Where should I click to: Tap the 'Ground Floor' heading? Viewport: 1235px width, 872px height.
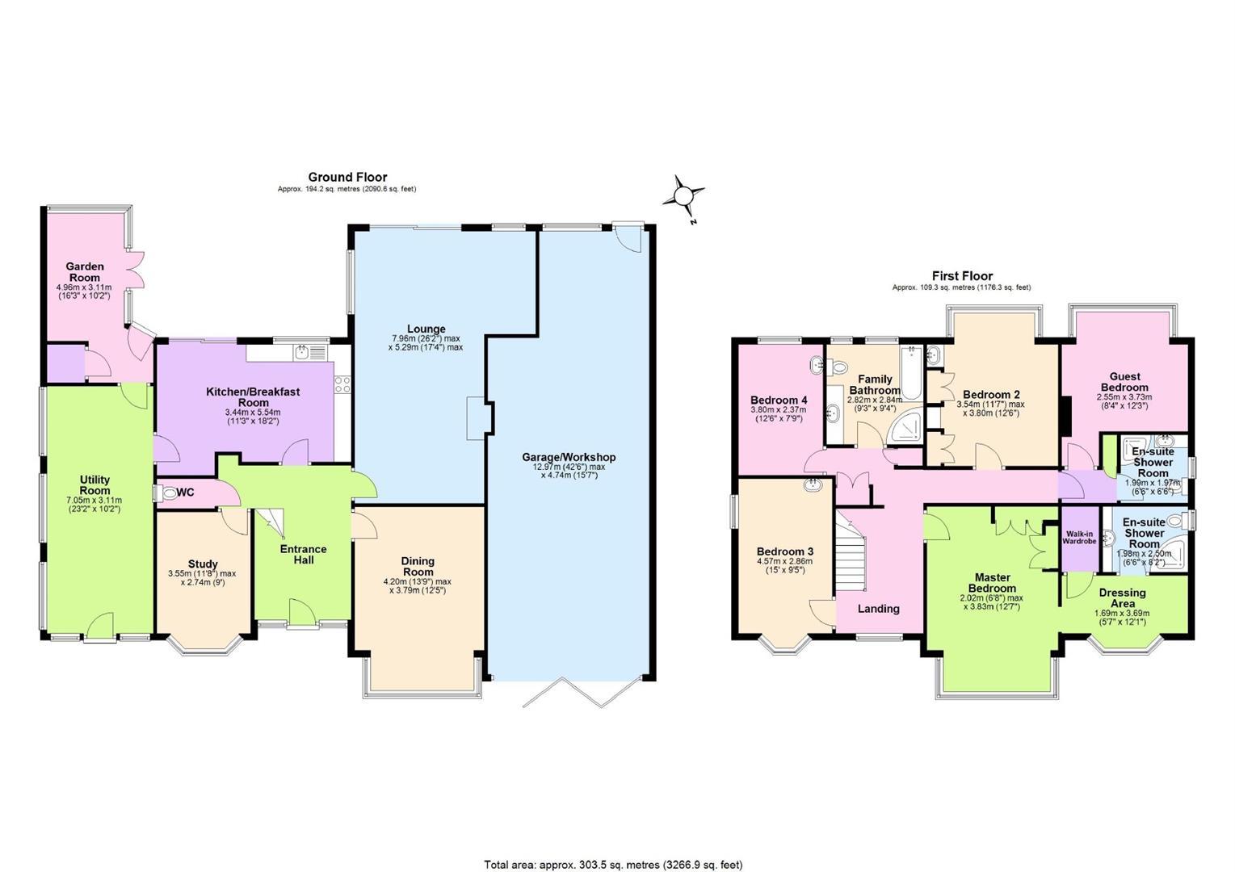click(x=347, y=177)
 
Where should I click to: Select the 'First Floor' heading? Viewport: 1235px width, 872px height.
click(x=962, y=275)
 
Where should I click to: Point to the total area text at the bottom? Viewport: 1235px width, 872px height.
click(x=613, y=865)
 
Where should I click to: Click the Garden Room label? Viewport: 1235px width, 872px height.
click(x=84, y=272)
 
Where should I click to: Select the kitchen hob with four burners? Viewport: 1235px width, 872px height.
click(x=342, y=384)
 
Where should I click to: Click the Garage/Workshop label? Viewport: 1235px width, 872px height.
click(x=569, y=457)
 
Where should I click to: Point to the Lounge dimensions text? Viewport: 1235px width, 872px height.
click(x=426, y=343)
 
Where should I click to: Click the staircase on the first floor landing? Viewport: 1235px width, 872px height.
click(x=851, y=551)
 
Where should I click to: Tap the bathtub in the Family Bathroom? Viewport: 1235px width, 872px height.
click(x=912, y=372)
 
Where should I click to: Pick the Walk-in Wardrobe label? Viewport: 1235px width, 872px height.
click(x=1079, y=538)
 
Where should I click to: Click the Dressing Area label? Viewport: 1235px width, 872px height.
click(x=1122, y=598)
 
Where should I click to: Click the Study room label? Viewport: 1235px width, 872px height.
click(x=203, y=564)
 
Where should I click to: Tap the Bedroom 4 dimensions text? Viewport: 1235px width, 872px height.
click(x=778, y=414)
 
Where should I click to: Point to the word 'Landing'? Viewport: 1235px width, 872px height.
click(x=878, y=609)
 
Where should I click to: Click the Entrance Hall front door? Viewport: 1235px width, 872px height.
click(x=302, y=613)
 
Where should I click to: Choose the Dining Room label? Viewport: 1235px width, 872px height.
click(x=418, y=566)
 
